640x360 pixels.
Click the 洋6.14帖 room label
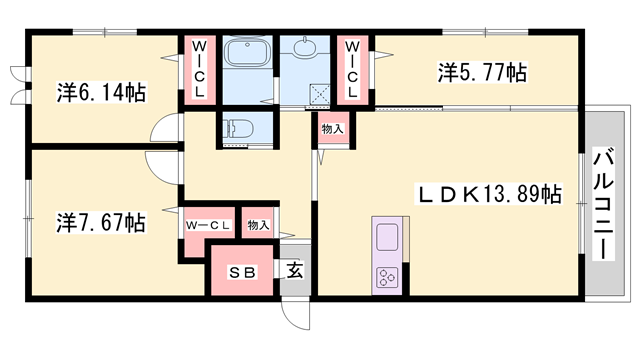[x=101, y=93]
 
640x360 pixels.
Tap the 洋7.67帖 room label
[x=101, y=221]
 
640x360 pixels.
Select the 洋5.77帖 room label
[x=482, y=72]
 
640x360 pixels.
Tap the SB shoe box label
[x=241, y=271]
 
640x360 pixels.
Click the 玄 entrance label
[x=295, y=270]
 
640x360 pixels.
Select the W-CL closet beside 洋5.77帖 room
[x=353, y=69]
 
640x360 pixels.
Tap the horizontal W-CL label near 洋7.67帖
[x=207, y=225]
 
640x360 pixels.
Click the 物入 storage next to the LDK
[x=332, y=129]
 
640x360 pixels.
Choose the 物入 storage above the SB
[x=259, y=225]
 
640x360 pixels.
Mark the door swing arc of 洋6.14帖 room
[x=166, y=130]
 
